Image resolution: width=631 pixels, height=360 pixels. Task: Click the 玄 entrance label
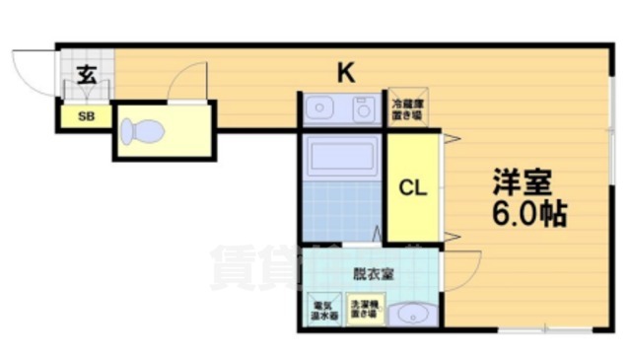(x=86, y=74)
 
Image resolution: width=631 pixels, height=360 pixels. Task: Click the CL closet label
(x=412, y=189)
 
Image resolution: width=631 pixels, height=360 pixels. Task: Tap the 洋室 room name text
(x=523, y=182)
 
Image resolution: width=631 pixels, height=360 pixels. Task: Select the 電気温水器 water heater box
(x=323, y=311)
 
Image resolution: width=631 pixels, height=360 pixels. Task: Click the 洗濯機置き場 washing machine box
(x=362, y=311)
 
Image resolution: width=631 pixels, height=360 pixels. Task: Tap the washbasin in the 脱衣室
(x=410, y=316)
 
